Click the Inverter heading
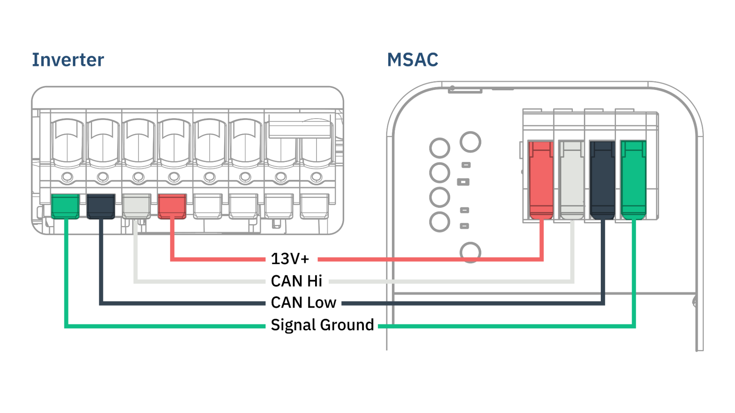tap(68, 60)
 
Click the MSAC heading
tap(413, 60)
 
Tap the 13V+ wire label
tap(290, 259)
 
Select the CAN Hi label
tap(296, 281)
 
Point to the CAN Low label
tap(303, 303)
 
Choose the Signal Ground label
tap(322, 325)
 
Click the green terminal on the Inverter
tap(65, 206)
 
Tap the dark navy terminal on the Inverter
tap(101, 206)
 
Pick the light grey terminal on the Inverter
tap(136, 206)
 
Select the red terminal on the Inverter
tap(172, 206)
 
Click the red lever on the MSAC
tap(540, 180)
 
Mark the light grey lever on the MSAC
tap(571, 180)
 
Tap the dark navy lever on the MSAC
tap(602, 180)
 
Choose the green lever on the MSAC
tap(633, 180)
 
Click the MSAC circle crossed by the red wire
tap(470, 252)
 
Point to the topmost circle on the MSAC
tap(470, 142)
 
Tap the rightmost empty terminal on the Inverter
tap(314, 206)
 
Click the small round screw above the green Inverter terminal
tap(67, 177)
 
